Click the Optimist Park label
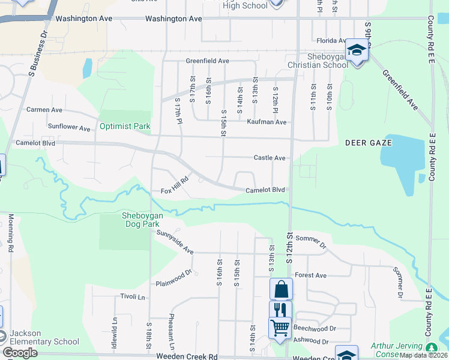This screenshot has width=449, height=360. point(125,127)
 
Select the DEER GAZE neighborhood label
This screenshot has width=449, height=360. point(368,143)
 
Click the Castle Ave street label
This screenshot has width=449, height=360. point(269,157)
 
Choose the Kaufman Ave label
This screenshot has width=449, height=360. point(267,122)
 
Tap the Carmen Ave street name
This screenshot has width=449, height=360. point(44,110)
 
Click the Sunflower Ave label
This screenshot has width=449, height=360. point(69,128)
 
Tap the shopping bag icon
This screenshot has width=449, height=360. point(281,289)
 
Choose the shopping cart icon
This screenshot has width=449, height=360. point(280,328)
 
